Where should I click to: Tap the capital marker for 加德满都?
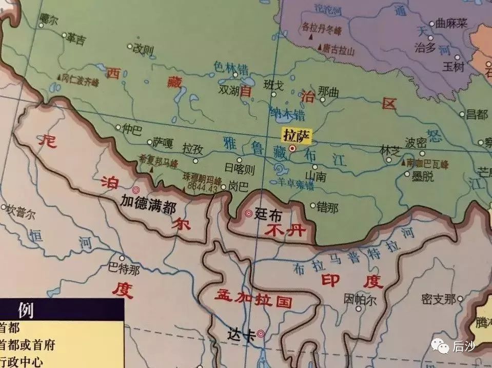coord(136,189)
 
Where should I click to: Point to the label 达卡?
coord(240,334)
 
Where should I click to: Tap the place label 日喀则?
coord(240,168)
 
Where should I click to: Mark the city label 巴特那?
coord(125,268)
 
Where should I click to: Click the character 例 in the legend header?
coord(26,310)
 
